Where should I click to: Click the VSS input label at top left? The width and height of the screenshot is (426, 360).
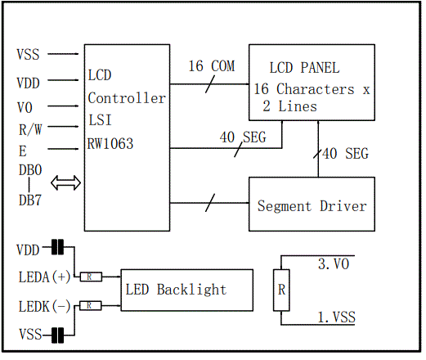pos(28,55)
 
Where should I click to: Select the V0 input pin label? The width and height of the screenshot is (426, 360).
pos(25,106)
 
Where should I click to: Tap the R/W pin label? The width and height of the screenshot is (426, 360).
pos(29,128)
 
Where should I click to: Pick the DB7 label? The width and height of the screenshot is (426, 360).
pos(29,200)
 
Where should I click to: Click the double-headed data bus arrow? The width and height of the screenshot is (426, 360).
pos(66,183)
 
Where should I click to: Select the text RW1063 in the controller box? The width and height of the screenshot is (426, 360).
pos(110,144)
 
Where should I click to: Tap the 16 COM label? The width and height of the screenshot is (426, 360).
pos(210,66)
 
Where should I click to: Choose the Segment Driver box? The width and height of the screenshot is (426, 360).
pos(312,205)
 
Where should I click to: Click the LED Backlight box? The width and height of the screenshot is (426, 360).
pos(186,290)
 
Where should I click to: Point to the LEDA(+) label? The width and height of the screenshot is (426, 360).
pos(43,277)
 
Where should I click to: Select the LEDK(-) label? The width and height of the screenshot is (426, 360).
pos(43,306)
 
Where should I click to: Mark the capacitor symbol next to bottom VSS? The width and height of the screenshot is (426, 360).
pos(56,334)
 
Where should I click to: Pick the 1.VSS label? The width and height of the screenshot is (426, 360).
pos(336,316)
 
